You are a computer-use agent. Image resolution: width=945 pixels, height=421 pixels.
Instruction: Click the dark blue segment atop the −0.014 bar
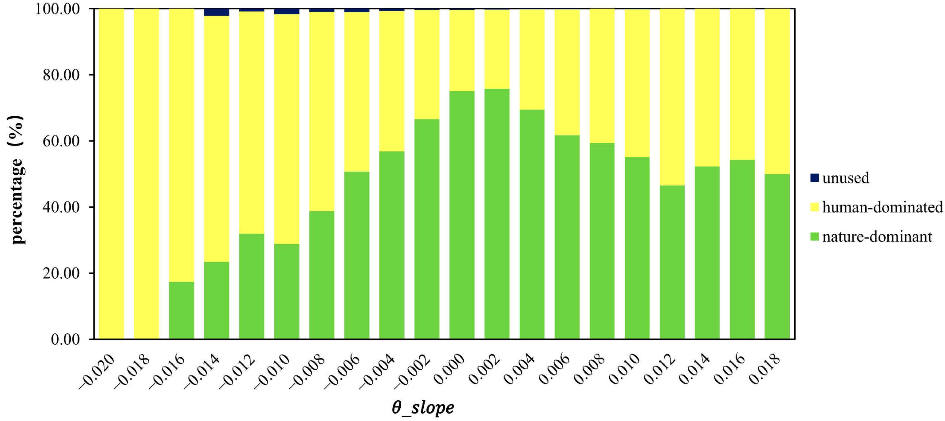[x=216, y=12]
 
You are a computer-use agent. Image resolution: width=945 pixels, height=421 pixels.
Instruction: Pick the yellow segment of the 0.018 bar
[x=777, y=91]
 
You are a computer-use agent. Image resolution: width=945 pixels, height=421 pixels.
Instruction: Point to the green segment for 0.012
[x=672, y=262]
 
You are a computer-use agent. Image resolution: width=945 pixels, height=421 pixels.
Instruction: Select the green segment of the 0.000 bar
[x=462, y=215]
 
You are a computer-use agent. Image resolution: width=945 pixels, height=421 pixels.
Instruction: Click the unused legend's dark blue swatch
[x=814, y=178]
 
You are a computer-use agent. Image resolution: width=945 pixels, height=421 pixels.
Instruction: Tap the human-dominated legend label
[x=882, y=207]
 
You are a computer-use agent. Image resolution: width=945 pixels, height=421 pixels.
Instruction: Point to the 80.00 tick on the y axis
[x=61, y=75]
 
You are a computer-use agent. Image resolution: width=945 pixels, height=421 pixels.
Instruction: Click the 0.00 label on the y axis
[x=65, y=339]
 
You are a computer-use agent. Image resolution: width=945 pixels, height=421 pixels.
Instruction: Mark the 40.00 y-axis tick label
[x=61, y=207]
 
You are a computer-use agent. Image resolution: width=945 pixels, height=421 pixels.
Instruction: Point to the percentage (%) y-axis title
[x=16, y=180]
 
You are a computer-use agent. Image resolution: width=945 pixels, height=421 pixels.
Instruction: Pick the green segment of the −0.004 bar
[x=392, y=245]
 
